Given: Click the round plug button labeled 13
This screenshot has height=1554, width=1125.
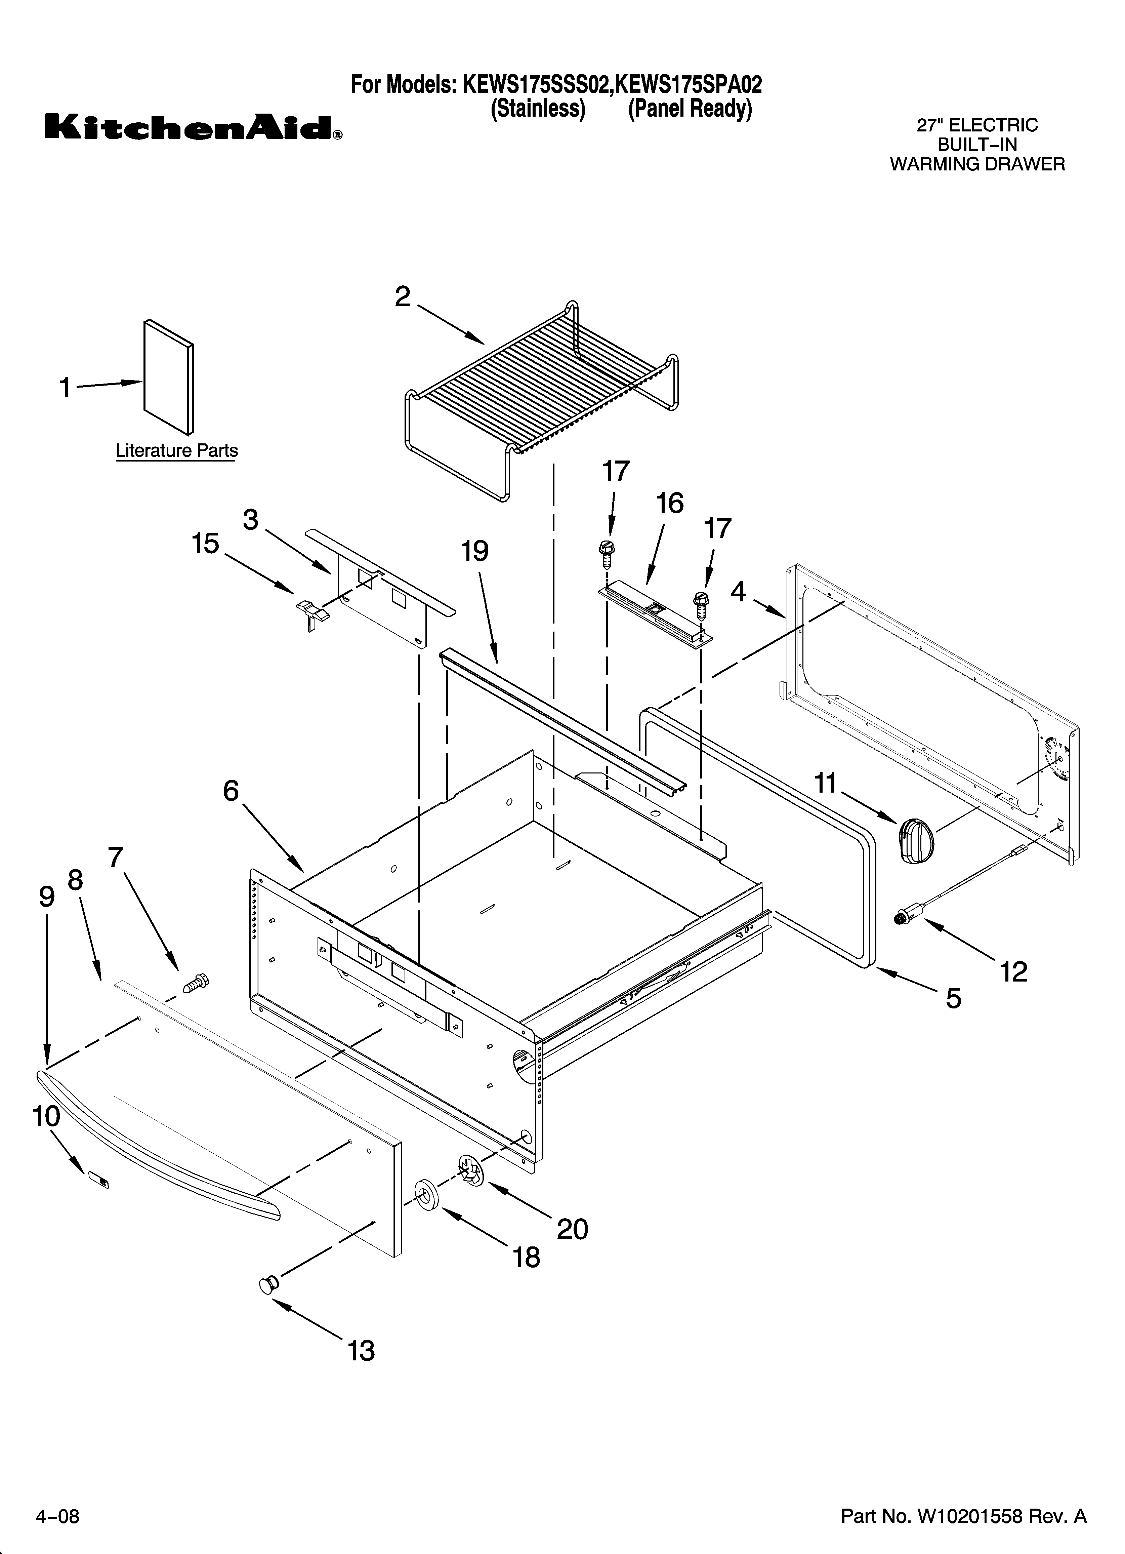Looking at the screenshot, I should click(268, 1284).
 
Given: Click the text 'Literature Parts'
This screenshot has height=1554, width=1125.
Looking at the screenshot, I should click(177, 451).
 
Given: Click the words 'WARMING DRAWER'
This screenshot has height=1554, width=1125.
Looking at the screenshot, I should click(977, 164).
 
